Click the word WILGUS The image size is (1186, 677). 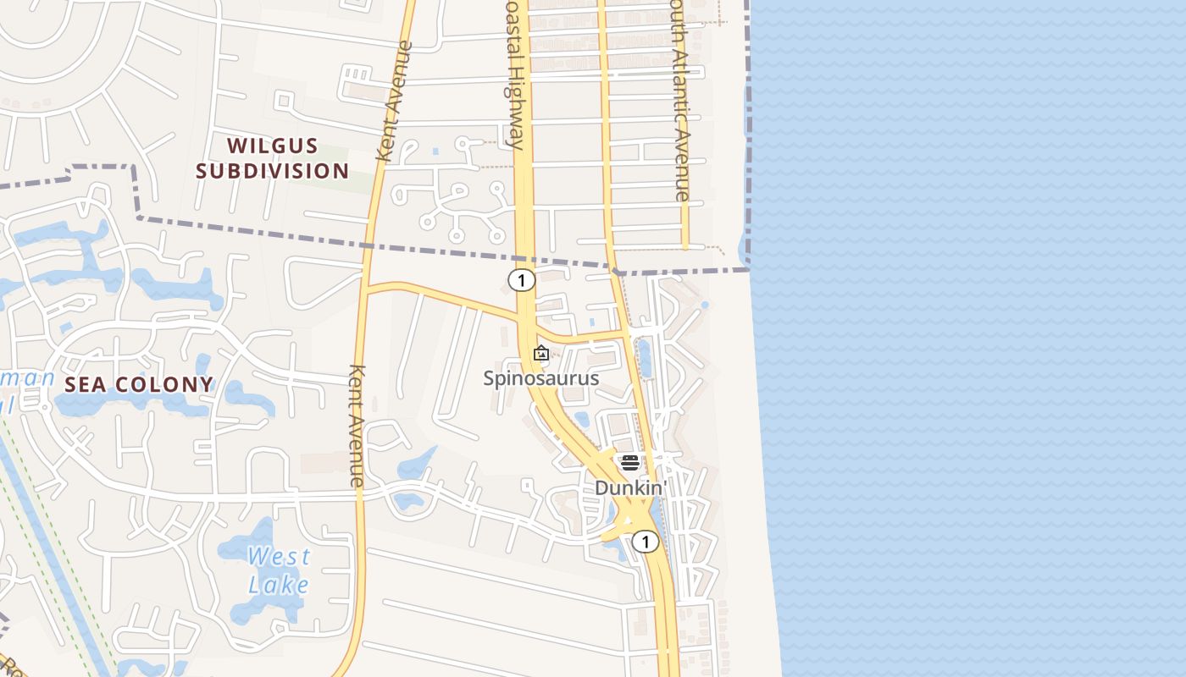click(x=272, y=146)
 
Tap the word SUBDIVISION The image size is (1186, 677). click(x=272, y=171)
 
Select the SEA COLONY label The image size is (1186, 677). click(x=140, y=384)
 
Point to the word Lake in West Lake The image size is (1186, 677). click(x=279, y=584)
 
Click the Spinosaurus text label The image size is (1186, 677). click(x=540, y=378)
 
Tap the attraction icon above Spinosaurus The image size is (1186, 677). click(x=541, y=354)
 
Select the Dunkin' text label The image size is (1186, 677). click(x=630, y=488)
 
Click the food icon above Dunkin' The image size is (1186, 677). click(x=629, y=462)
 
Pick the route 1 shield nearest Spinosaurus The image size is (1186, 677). click(x=522, y=280)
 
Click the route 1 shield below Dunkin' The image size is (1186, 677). click(x=646, y=542)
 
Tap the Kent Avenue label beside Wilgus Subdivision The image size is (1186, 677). click(x=394, y=102)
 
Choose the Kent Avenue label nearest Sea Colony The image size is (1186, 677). click(x=357, y=426)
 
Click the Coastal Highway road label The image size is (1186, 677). click(x=515, y=76)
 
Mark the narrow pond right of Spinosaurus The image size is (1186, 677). click(x=644, y=358)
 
